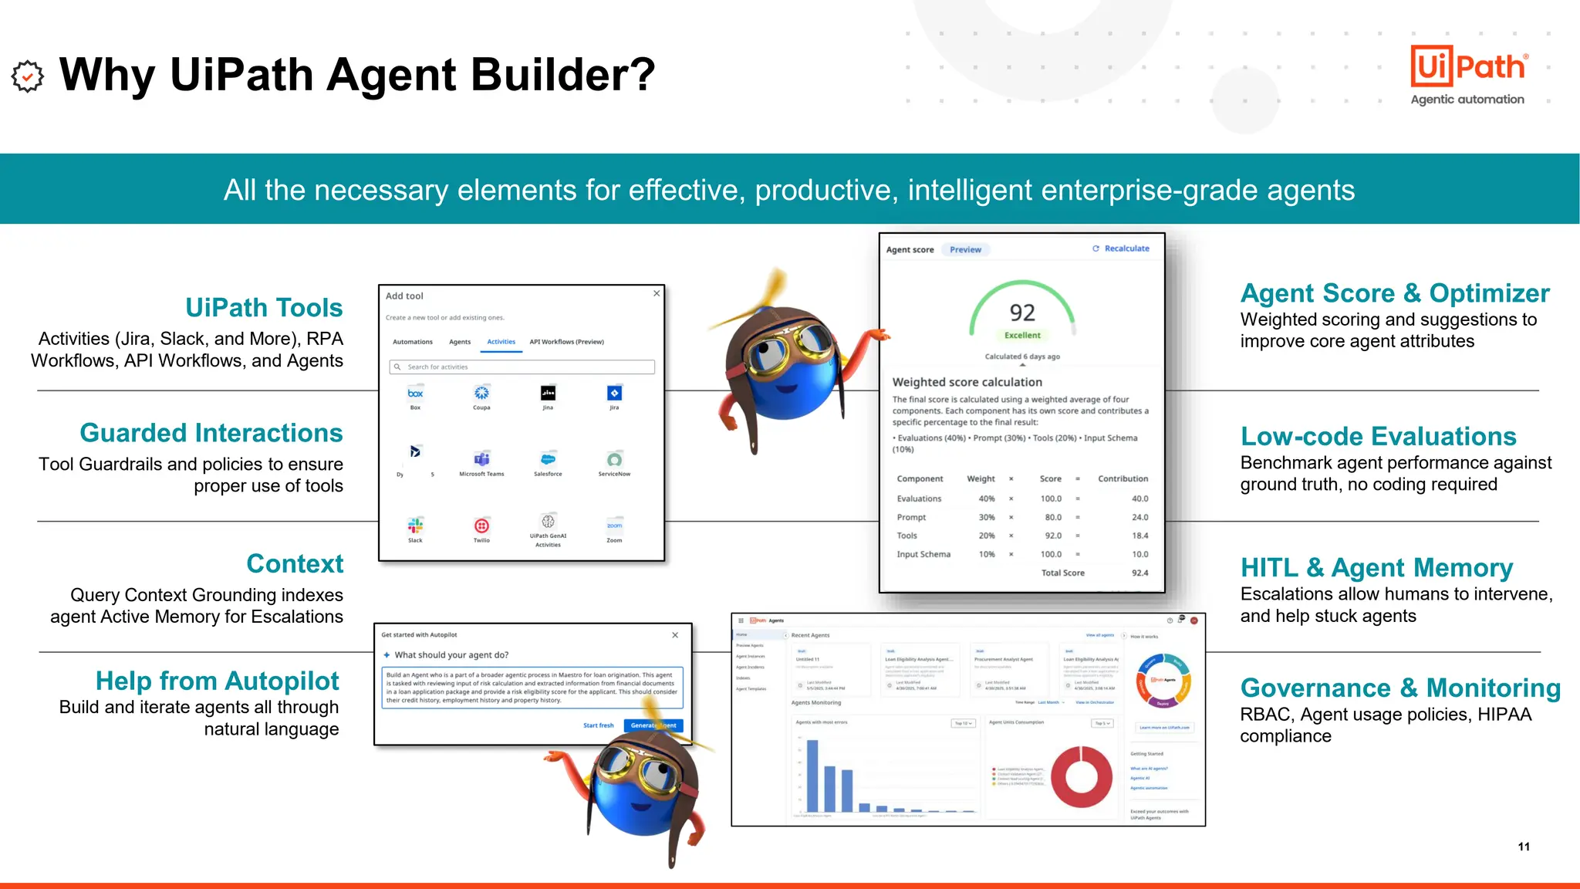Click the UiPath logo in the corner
[1468, 67]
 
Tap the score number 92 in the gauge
[1022, 313]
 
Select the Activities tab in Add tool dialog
[501, 342]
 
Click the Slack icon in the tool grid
[415, 526]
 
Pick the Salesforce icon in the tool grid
[548, 459]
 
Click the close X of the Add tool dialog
[657, 293]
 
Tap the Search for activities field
[522, 367]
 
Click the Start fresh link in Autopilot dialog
[598, 725]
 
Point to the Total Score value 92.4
[1139, 573]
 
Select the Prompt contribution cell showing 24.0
[1139, 517]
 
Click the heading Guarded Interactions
[211, 433]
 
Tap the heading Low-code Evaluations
[1378, 436]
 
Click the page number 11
[1524, 847]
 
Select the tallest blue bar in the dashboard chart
[812, 776]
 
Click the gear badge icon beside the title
[28, 76]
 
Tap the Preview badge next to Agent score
[965, 249]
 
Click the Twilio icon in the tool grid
[481, 526]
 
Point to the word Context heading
[295, 563]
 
